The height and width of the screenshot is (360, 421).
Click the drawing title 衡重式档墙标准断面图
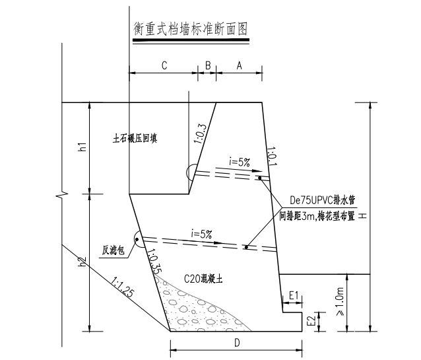tap(190, 29)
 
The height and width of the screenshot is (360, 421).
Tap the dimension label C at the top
tap(164, 65)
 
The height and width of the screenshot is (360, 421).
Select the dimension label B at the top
tap(208, 65)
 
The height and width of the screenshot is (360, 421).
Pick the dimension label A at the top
tap(240, 65)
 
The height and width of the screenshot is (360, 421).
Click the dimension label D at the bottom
tap(237, 343)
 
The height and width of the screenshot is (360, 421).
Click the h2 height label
tap(82, 262)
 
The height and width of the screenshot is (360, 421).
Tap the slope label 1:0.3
tap(201, 134)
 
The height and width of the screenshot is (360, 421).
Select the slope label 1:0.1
tap(272, 156)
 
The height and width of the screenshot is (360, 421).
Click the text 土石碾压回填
tap(135, 139)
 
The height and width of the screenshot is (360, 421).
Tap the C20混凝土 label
tap(203, 279)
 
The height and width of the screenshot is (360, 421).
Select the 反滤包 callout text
tap(113, 250)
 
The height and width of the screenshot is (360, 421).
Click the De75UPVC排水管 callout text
tap(323, 200)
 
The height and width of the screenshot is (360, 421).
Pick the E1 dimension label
tap(294, 296)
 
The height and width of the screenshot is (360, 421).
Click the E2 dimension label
tap(311, 322)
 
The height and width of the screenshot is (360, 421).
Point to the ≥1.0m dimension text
tap(340, 301)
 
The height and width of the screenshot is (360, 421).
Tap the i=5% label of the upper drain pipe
tap(240, 162)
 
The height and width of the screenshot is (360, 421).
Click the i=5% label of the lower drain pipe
tap(201, 234)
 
